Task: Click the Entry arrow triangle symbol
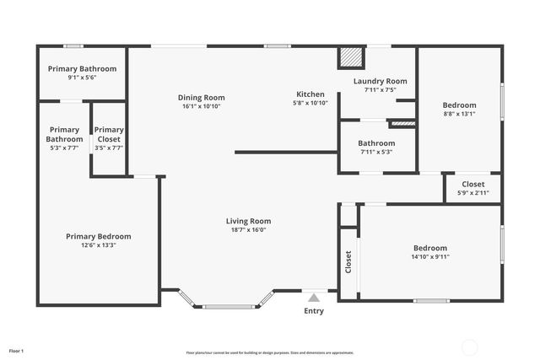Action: click(314, 297)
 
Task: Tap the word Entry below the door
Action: click(314, 311)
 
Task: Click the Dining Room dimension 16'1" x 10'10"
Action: click(202, 106)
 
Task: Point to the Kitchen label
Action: click(310, 94)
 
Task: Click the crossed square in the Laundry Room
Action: click(351, 57)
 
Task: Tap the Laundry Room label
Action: click(380, 81)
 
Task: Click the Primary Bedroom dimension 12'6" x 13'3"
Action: click(98, 245)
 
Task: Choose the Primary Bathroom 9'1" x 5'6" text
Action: click(82, 78)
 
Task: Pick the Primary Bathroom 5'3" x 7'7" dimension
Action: click(64, 148)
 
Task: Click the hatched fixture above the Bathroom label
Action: click(402, 123)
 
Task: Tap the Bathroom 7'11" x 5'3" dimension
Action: click(376, 153)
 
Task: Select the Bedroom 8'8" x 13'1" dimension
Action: click(460, 114)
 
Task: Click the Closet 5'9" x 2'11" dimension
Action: click(472, 193)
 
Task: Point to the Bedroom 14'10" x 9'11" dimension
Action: click(430, 256)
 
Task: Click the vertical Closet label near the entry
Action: click(348, 261)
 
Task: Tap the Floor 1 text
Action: click(17, 350)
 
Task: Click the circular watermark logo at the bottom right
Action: click(470, 347)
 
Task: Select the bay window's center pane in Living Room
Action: click(228, 306)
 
